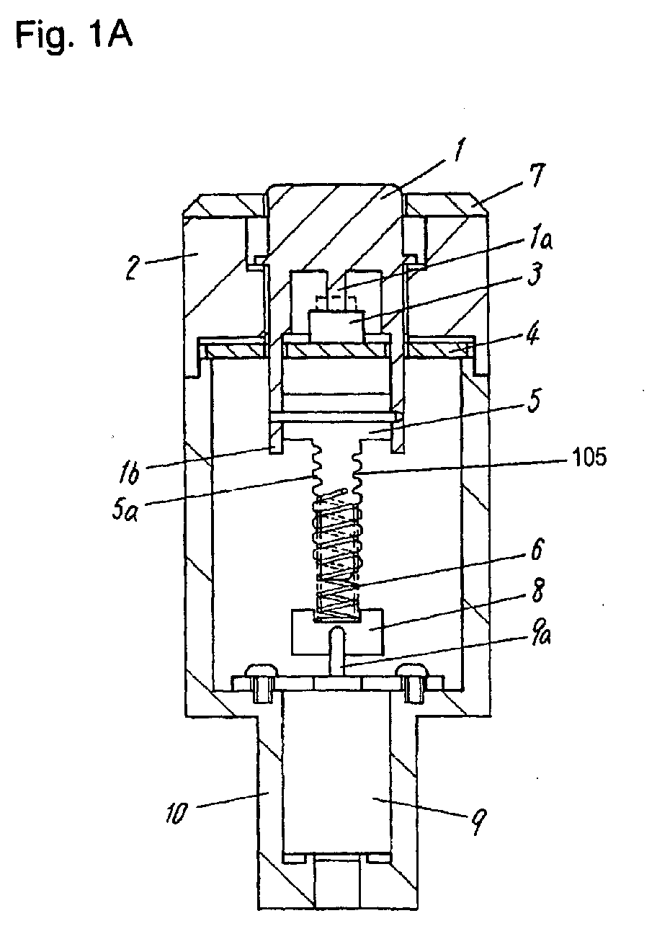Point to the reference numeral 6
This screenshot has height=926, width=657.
(537, 549)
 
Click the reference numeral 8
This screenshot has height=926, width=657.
(537, 590)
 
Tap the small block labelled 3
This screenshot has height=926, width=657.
(336, 326)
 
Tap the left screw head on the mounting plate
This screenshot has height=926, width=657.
(262, 669)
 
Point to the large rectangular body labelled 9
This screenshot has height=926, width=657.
(336, 773)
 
